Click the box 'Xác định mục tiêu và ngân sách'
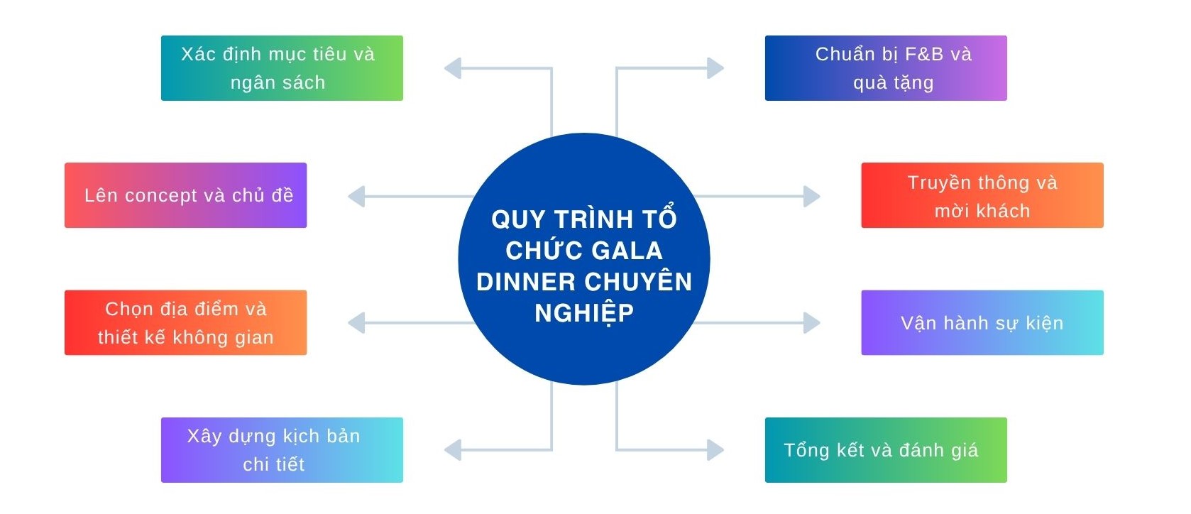point(282,68)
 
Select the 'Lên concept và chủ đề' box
point(185,195)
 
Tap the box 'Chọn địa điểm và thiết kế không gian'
point(185,322)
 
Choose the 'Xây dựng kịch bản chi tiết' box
point(282,450)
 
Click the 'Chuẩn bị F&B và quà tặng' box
point(886,68)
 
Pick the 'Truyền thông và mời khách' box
point(982,195)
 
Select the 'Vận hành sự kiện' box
point(982,322)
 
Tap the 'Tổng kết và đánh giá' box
point(886,450)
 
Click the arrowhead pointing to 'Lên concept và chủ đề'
point(356,197)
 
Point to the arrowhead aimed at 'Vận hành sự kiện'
point(811,323)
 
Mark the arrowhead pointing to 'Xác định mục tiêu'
point(453,68)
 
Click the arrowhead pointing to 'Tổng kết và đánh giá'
point(715,449)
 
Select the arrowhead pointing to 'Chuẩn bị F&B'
point(715,68)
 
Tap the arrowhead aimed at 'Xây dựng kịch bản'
point(453,449)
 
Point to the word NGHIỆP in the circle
point(584,313)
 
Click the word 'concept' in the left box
point(161,196)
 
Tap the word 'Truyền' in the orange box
point(939,183)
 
